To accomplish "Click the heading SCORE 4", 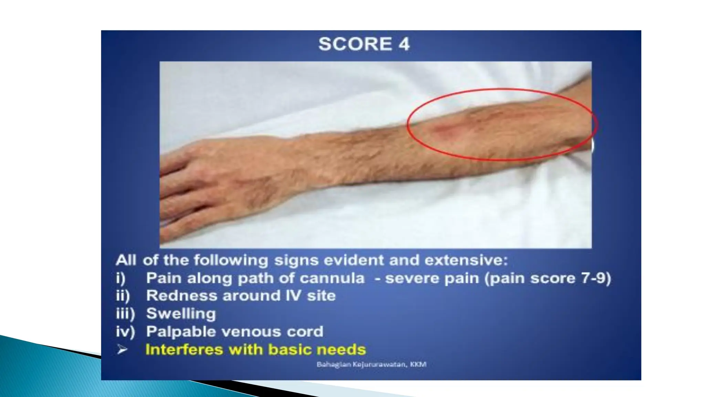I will (x=364, y=44).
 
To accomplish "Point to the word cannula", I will (x=332, y=278).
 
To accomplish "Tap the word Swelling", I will (x=181, y=314).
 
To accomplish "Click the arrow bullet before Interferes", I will (x=122, y=350).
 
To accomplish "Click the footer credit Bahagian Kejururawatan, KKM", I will (x=371, y=364).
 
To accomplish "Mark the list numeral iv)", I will (x=125, y=332).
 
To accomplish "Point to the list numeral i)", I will (x=120, y=278).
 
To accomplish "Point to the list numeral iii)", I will (x=125, y=314).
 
